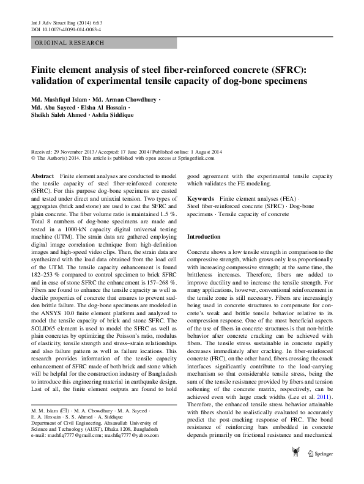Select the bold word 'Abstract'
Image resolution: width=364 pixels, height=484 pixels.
point(42,176)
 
